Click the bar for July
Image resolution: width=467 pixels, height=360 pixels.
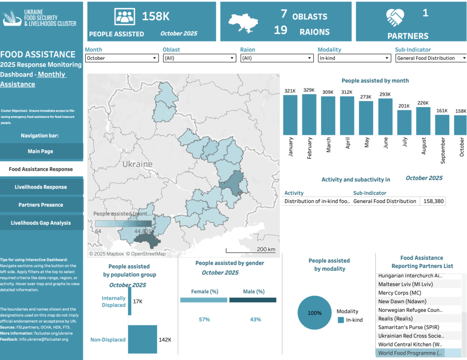(x=404, y=123)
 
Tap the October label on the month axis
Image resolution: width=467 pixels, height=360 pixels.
(x=462, y=147)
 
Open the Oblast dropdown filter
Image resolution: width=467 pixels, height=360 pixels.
(x=199, y=58)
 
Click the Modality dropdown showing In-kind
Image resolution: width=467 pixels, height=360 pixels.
(x=354, y=58)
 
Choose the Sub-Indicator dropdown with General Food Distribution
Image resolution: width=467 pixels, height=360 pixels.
(x=431, y=58)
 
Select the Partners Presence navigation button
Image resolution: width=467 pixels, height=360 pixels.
(x=41, y=205)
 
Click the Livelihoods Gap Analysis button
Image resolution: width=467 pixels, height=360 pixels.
(x=41, y=223)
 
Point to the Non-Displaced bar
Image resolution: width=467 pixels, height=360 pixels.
(x=142, y=339)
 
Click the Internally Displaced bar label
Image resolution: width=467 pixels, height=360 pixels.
(x=114, y=302)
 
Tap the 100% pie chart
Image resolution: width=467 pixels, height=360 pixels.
(x=315, y=313)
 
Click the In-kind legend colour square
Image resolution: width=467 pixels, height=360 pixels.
(x=341, y=320)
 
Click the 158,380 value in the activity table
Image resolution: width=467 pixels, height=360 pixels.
(x=432, y=201)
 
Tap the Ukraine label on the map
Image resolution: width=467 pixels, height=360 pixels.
(x=137, y=164)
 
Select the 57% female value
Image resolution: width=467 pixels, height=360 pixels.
(x=204, y=319)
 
